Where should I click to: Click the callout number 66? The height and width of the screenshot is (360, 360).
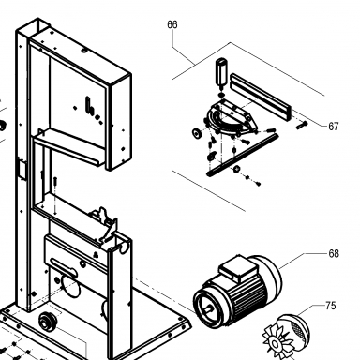coord(172,24)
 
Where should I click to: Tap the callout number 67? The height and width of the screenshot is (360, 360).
coord(334,127)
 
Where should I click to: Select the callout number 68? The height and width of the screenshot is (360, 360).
coord(334,253)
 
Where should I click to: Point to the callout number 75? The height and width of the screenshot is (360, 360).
coord(331,306)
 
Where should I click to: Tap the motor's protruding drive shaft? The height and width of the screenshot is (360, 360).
coord(208,309)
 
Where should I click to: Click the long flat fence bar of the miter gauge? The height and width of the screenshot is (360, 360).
coord(261,97)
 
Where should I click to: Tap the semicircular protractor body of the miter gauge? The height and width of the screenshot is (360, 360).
coord(230,120)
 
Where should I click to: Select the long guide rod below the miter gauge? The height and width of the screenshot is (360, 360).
coord(243,155)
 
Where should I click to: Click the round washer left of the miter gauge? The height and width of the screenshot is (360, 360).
coord(197,133)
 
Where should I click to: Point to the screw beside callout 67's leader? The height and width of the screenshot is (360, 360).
coord(302,126)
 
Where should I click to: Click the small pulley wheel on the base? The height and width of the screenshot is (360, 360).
coord(48,322)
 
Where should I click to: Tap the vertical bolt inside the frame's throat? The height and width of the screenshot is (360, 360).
coord(55,182)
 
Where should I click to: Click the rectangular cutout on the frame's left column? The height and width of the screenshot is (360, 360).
coord(22,170)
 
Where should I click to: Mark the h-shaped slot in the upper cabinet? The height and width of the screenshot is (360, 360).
coord(90,105)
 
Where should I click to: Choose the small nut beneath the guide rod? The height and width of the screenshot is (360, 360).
coord(237,169)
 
